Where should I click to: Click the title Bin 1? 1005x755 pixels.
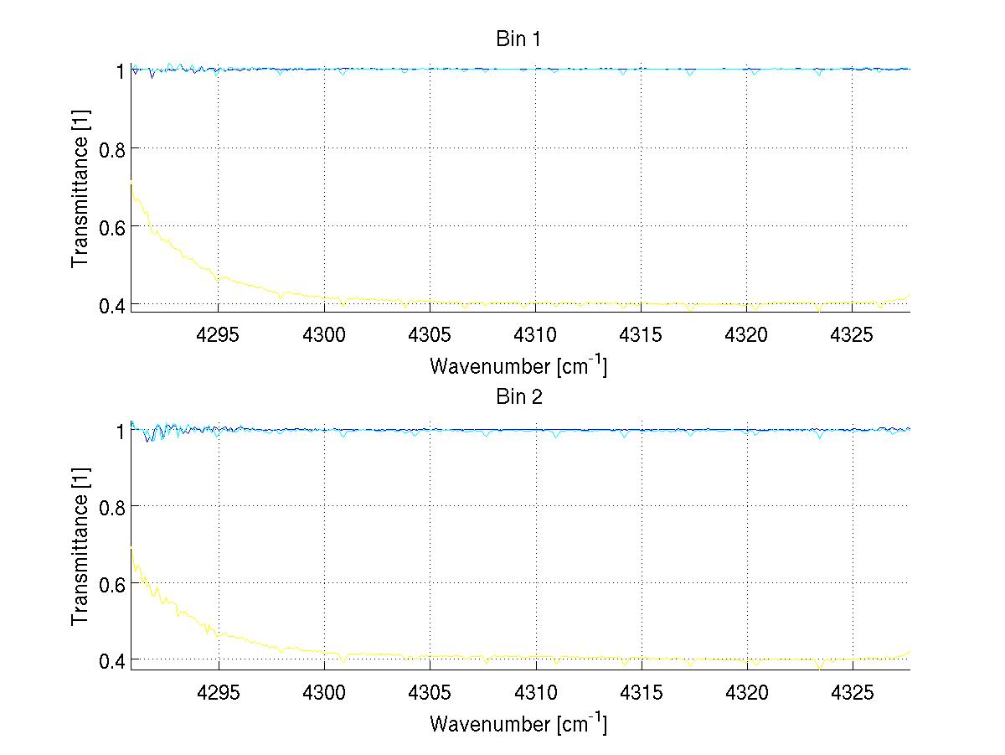pos(518,39)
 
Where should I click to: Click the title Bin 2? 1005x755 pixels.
pos(518,397)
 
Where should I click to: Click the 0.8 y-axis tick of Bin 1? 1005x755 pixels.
pos(112,149)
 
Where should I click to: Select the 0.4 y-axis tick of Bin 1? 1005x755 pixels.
pos(112,305)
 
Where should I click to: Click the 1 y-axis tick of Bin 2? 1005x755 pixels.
pos(119,431)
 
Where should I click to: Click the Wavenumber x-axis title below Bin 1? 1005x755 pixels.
pos(518,366)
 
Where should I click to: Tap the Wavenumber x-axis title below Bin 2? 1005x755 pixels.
pos(518,723)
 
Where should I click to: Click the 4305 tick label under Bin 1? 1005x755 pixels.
pos(430,334)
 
